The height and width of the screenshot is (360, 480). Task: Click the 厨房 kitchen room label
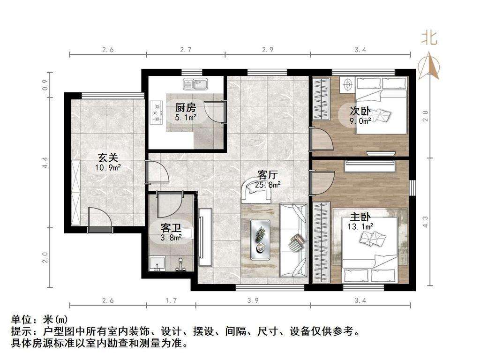tap(186, 108)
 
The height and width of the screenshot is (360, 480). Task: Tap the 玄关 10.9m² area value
tap(108, 167)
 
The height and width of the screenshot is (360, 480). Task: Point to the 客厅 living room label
tap(268, 175)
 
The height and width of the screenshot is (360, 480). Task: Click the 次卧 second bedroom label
tap(360, 111)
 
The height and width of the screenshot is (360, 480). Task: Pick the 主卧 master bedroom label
tap(360, 217)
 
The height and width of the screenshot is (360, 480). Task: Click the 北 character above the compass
tap(429, 38)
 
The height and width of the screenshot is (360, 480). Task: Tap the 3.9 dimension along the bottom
tap(253, 300)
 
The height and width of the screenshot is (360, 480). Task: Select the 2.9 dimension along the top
tap(268, 50)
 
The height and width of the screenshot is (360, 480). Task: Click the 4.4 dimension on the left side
tap(45, 163)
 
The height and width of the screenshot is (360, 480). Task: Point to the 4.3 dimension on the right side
tap(425, 222)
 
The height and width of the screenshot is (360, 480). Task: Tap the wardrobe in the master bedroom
tap(322, 242)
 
